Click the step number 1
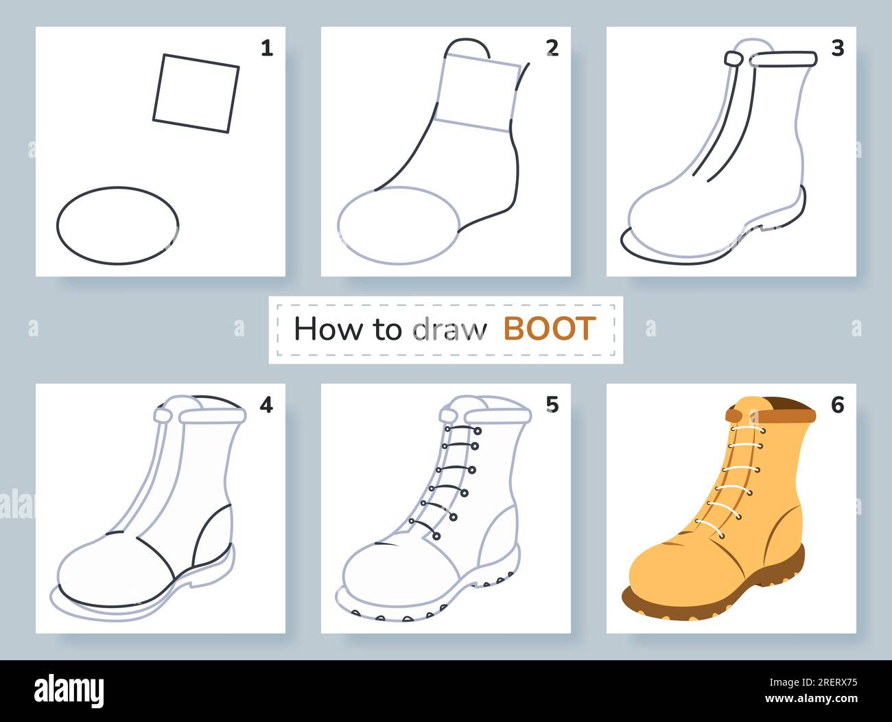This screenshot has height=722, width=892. (267, 48)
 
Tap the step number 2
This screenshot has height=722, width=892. (552, 48)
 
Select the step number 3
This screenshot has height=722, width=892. (838, 48)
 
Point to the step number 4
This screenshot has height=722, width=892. (266, 405)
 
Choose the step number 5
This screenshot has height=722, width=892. (552, 405)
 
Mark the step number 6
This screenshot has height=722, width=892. (838, 405)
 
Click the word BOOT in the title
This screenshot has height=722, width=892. (549, 329)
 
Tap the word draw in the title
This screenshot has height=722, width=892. (449, 329)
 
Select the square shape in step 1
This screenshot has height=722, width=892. (196, 93)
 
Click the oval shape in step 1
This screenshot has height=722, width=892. (117, 225)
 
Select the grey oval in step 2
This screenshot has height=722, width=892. (399, 225)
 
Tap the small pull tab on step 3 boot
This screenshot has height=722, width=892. (734, 60)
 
